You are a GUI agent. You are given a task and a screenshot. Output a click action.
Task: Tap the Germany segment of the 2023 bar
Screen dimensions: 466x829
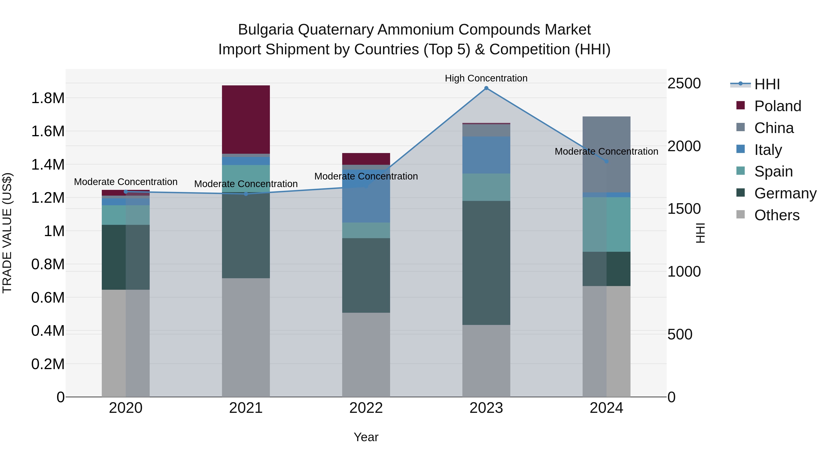[x=486, y=263]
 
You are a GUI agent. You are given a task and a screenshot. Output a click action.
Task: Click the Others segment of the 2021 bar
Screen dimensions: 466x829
[x=246, y=337]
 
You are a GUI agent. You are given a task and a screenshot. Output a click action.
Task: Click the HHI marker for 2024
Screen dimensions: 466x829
[x=607, y=162]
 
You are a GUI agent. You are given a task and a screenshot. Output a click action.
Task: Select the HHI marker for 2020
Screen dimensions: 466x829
[x=126, y=192]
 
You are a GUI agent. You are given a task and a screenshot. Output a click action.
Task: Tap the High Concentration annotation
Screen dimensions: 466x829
[x=486, y=78]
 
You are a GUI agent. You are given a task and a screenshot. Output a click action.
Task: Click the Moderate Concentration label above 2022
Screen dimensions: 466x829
[x=366, y=176]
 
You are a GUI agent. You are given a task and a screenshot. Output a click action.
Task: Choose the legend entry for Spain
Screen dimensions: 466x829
[x=773, y=171]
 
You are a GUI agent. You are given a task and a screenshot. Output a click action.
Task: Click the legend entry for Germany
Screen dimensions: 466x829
[x=785, y=193]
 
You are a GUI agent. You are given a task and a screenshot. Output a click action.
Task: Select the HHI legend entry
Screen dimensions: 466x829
[x=767, y=84]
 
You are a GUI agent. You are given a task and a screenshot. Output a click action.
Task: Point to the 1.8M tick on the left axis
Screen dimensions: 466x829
[x=48, y=98]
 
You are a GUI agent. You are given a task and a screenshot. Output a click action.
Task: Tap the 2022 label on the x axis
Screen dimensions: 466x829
[x=366, y=408]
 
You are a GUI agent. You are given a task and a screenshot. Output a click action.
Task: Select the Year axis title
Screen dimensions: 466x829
[x=366, y=437]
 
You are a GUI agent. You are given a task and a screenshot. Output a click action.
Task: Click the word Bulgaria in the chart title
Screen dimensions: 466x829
[x=266, y=30]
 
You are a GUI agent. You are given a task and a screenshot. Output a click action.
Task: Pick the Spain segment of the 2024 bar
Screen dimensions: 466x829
[x=606, y=224]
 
